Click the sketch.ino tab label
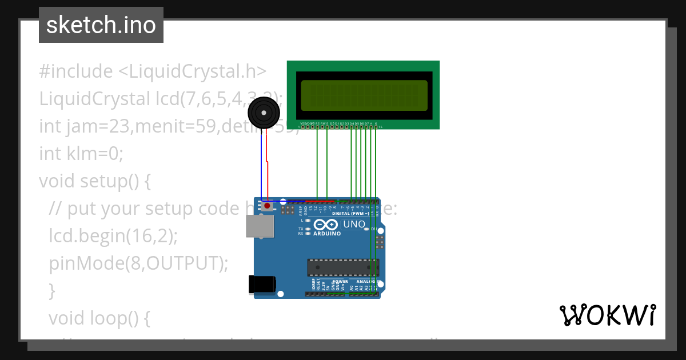[x=101, y=25]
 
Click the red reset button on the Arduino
[x=267, y=206]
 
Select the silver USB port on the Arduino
[x=260, y=226]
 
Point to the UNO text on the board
[x=354, y=224]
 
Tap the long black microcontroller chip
[x=343, y=267]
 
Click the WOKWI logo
[x=607, y=315]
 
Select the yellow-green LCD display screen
[x=364, y=95]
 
